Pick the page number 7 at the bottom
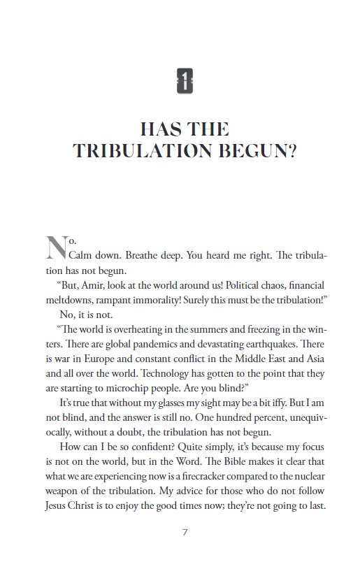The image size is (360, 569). click(185, 532)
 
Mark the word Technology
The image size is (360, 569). click(187, 373)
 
